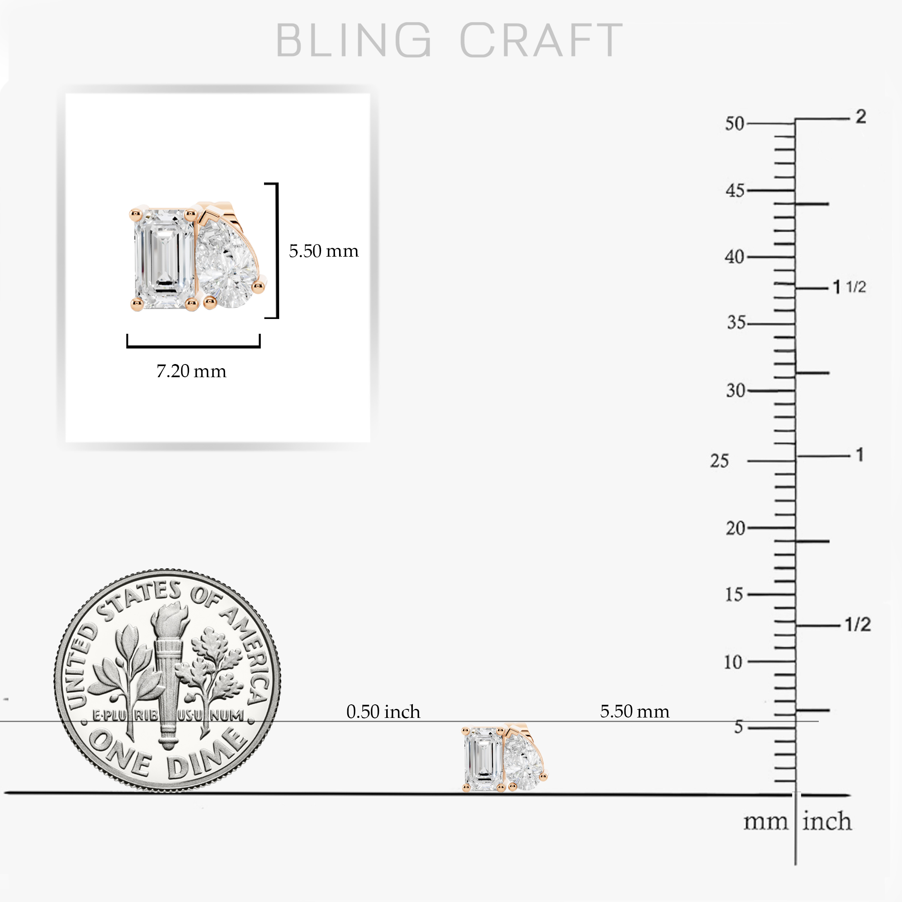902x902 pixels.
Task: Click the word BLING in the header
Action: [x=353, y=40]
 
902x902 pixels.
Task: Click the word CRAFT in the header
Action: [x=541, y=40]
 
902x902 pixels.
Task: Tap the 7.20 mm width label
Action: [x=191, y=371]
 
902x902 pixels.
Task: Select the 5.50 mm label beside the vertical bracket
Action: [x=323, y=251]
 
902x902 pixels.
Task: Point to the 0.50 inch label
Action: [x=383, y=711]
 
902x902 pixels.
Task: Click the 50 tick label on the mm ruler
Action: [x=734, y=124]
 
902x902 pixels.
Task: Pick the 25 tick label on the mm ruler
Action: [x=720, y=461]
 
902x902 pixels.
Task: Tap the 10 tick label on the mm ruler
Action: [x=733, y=662]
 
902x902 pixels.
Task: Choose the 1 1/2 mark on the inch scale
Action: [x=850, y=287]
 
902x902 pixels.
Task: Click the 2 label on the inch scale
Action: [x=861, y=116]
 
